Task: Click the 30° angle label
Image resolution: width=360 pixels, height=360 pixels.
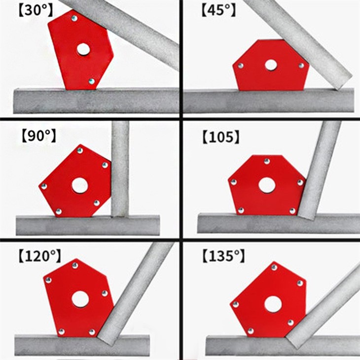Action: (x=36, y=10)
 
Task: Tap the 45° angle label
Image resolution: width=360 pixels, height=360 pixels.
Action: (x=218, y=10)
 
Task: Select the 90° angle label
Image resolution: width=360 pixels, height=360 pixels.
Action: (x=39, y=136)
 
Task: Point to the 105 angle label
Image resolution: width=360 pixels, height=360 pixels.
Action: (x=221, y=137)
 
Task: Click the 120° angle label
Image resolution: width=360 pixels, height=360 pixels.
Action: (x=40, y=256)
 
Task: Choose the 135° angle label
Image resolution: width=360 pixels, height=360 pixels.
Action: (x=223, y=256)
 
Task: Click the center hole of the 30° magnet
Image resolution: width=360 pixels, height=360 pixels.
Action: (x=83, y=49)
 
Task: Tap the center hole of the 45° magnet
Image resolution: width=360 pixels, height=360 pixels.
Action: (x=271, y=65)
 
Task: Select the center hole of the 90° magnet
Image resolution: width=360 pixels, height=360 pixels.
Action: (x=80, y=185)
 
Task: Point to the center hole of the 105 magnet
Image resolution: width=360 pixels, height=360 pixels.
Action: (x=267, y=185)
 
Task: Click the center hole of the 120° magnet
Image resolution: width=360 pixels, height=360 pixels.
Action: (x=80, y=299)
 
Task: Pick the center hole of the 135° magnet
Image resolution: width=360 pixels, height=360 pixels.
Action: (x=273, y=304)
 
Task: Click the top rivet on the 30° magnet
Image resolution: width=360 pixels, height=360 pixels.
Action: (x=74, y=18)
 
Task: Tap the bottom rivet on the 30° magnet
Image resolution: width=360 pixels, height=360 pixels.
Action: (x=91, y=81)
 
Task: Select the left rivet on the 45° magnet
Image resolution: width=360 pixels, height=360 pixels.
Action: (x=241, y=66)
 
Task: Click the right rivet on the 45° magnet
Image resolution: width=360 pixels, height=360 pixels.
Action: (x=301, y=66)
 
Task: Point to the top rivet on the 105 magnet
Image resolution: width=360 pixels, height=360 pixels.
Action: (x=267, y=161)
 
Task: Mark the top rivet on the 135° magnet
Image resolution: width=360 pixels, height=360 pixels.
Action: (x=274, y=267)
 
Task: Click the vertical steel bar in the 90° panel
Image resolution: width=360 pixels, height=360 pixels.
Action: (x=120, y=169)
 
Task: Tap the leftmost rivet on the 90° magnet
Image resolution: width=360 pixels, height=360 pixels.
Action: (x=44, y=186)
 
